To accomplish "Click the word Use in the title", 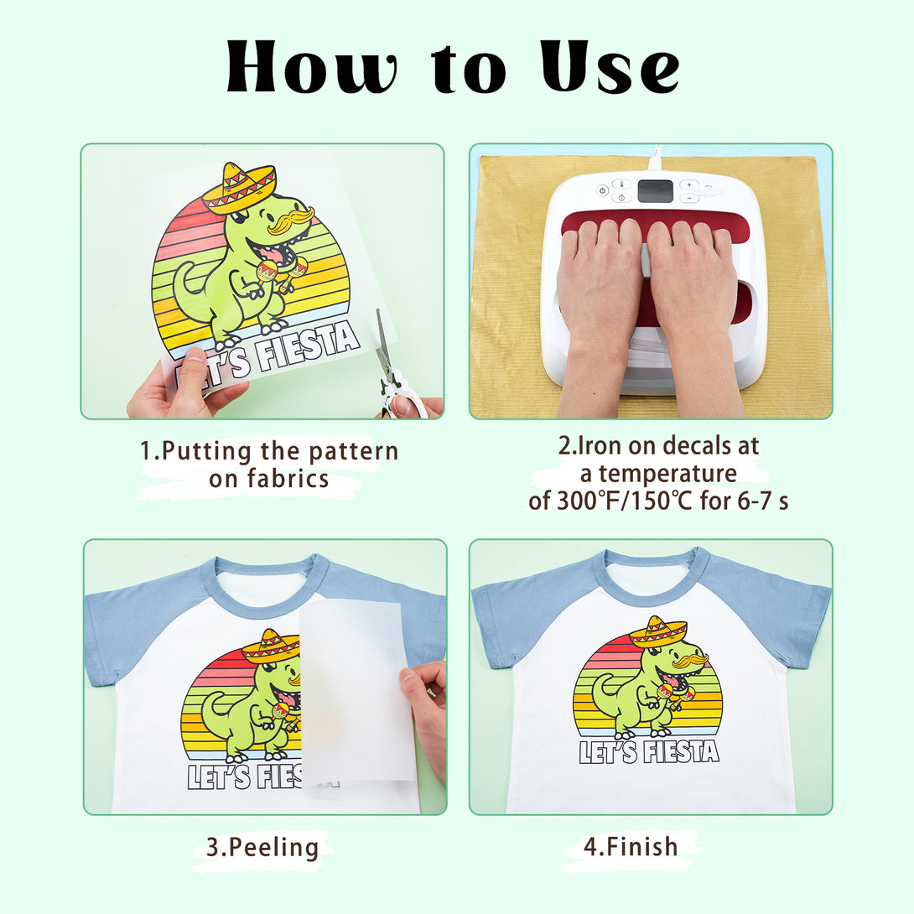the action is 609,67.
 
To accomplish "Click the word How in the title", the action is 312,67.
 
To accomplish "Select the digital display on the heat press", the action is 655,190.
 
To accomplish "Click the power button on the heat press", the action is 603,190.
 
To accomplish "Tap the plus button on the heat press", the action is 689,184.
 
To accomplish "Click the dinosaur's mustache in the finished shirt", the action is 691,660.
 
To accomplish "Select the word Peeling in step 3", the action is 273,847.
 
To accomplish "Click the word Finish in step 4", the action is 641,846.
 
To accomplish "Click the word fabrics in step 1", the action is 288,479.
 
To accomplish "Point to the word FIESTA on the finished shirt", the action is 682,752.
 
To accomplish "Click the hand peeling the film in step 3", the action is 425,717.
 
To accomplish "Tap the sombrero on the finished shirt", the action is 659,631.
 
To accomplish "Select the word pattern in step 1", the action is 354,451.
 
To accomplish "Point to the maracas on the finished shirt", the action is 675,696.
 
